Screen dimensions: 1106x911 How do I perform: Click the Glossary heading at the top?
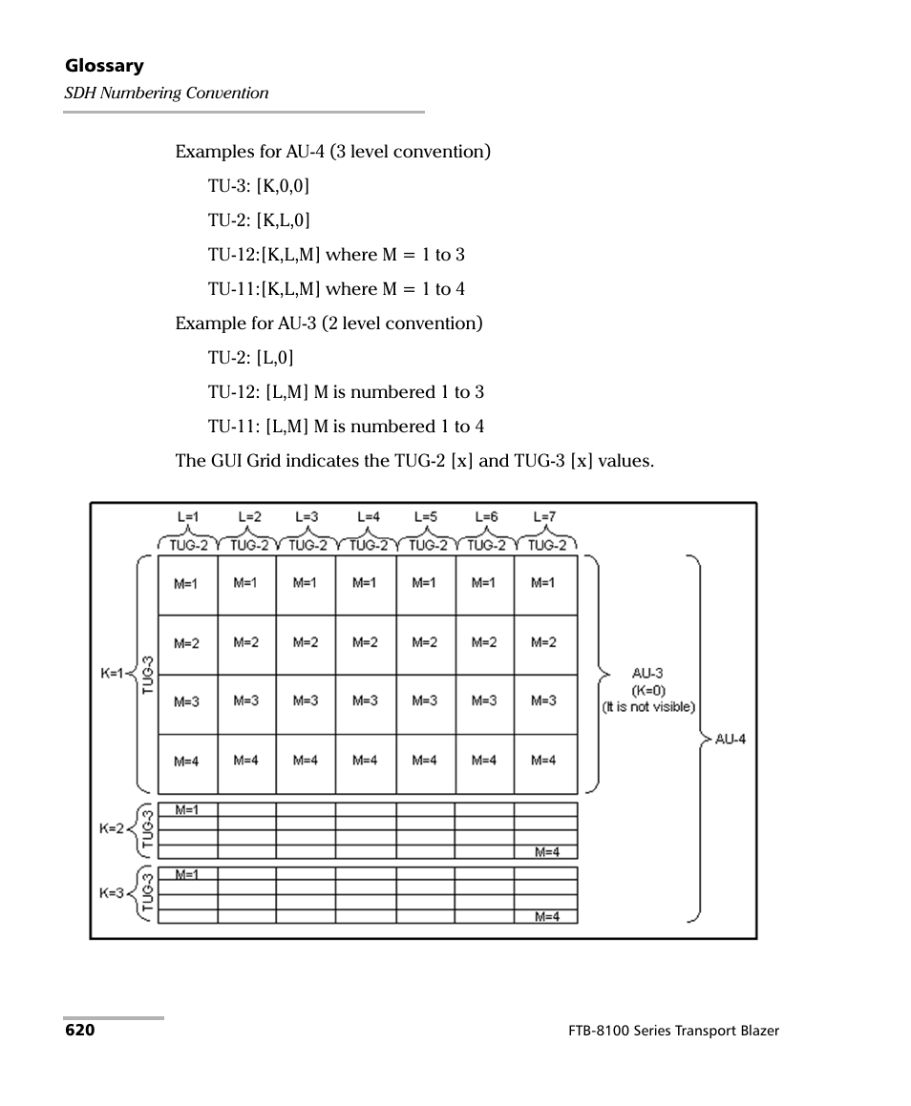104,66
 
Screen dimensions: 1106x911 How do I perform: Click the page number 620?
80,1031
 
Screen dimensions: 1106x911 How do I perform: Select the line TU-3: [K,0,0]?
259,185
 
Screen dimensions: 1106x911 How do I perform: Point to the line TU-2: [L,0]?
251,357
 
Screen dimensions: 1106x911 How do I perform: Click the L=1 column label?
188,516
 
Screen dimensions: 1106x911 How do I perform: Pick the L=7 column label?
544,516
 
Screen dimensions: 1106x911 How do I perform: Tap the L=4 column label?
368,516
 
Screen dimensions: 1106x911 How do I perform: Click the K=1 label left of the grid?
113,673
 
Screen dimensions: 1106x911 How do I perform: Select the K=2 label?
112,829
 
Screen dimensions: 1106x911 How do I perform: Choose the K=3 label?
112,894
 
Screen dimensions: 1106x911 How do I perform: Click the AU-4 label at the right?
731,739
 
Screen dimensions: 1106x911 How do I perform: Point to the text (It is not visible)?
648,707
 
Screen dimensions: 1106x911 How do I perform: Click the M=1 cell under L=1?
186,583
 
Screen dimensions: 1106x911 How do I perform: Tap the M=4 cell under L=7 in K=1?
543,761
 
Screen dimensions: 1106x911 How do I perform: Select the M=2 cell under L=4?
365,642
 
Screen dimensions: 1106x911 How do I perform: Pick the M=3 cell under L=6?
484,700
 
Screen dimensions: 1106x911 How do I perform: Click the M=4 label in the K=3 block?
547,916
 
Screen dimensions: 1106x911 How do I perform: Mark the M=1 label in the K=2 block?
186,809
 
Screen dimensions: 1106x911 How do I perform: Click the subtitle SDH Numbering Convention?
166,93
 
